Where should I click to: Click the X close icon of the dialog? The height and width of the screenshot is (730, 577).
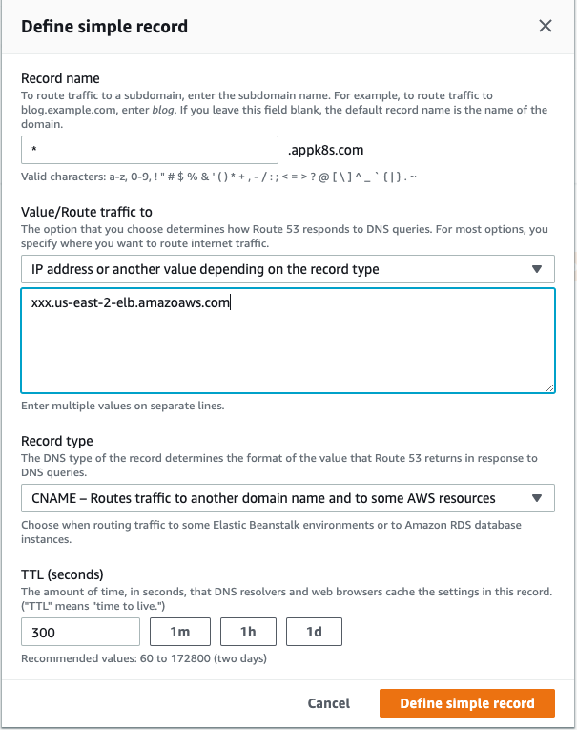pyautogui.click(x=546, y=27)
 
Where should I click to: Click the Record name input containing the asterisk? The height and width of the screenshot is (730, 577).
pyautogui.click(x=149, y=150)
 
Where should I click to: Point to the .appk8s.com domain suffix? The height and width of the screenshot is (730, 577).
pyautogui.click(x=325, y=150)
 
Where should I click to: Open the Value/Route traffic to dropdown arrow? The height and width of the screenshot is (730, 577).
pyautogui.click(x=537, y=269)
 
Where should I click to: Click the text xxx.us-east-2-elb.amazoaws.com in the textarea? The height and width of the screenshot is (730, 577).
pyautogui.click(x=132, y=303)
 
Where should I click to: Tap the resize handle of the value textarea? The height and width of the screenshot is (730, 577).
pyautogui.click(x=549, y=387)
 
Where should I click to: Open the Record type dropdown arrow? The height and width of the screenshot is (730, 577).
pyautogui.click(x=537, y=498)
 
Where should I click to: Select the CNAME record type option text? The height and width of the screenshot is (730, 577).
pyautogui.click(x=263, y=498)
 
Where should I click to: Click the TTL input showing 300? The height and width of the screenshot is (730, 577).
pyautogui.click(x=80, y=632)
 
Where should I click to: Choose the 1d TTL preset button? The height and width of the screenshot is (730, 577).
pyautogui.click(x=314, y=632)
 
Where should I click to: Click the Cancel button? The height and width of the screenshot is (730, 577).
pyautogui.click(x=329, y=703)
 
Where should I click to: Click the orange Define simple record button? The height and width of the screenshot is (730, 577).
pyautogui.click(x=466, y=703)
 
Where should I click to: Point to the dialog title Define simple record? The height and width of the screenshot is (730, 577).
pyautogui.click(x=104, y=27)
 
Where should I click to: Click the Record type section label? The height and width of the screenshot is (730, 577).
pyautogui.click(x=57, y=441)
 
